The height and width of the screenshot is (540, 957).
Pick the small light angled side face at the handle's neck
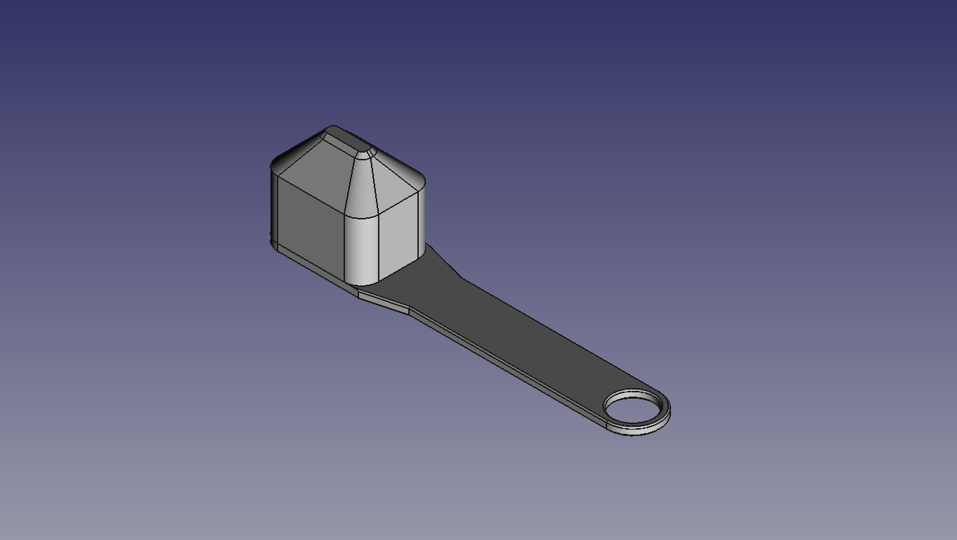[x=384, y=302]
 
